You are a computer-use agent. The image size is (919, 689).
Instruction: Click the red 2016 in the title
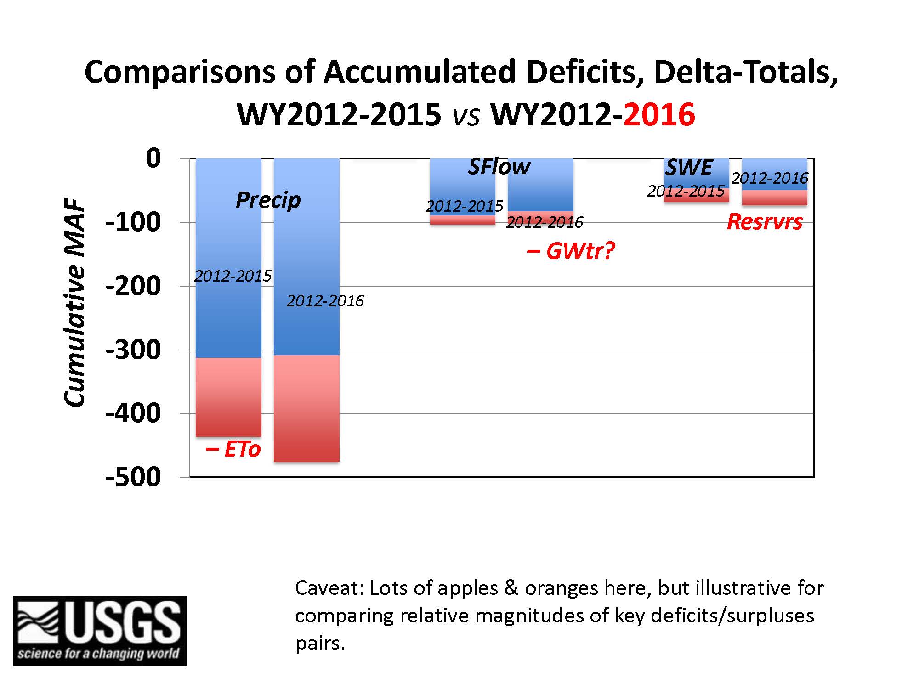click(659, 114)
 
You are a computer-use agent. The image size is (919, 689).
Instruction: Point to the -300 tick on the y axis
click(133, 350)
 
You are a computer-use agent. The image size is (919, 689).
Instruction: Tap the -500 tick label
click(133, 477)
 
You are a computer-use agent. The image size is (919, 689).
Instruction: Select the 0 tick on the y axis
click(153, 158)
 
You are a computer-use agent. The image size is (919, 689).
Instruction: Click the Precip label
click(268, 200)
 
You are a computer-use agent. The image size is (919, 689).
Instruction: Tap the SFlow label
click(499, 166)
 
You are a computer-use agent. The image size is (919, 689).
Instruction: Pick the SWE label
click(689, 167)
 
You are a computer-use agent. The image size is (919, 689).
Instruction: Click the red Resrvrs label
click(765, 222)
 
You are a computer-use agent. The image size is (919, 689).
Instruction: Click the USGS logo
click(100, 631)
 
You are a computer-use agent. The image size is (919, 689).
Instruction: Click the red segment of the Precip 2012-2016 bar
click(306, 408)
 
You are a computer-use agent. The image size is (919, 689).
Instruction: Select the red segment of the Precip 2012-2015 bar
click(228, 397)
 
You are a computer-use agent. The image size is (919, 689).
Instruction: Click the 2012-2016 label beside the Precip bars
click(325, 301)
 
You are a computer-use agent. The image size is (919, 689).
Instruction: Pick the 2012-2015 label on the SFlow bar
click(465, 206)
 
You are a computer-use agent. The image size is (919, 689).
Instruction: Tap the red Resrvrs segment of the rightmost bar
click(774, 198)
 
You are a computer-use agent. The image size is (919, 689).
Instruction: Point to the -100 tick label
click(133, 222)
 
